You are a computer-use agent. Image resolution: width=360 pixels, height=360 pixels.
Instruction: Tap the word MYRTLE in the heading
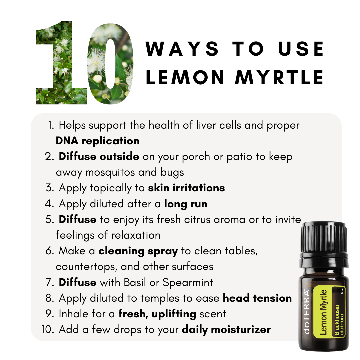(279, 77)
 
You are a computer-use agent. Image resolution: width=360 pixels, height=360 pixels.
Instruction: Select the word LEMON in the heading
(185, 77)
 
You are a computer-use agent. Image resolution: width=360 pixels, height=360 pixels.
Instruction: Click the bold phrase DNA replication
(98, 141)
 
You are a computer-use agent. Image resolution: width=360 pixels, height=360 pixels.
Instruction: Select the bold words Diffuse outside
(99, 156)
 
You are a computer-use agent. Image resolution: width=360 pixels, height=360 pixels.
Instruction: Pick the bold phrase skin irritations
(186, 188)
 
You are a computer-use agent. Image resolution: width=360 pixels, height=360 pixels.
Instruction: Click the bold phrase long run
(186, 204)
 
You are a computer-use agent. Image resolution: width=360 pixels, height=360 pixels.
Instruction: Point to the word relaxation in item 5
(136, 235)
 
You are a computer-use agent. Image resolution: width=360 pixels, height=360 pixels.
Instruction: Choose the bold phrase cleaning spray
(138, 251)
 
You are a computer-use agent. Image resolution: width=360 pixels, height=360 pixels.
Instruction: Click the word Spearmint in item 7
(188, 283)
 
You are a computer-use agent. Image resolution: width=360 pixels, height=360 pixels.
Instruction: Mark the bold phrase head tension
(257, 298)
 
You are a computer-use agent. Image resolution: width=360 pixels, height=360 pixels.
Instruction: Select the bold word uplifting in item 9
(174, 314)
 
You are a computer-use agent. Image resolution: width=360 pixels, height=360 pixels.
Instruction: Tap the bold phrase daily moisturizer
(226, 330)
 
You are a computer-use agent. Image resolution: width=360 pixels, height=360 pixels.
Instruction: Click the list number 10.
(48, 329)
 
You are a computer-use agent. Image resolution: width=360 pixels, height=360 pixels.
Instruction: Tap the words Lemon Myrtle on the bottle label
(323, 312)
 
